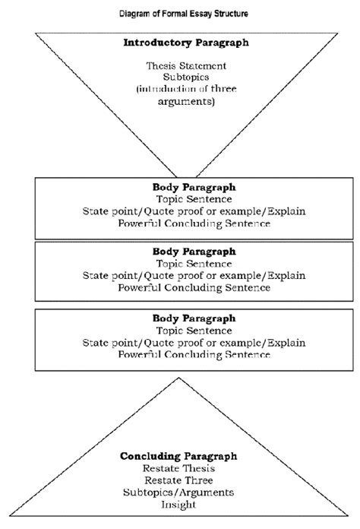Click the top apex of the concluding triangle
(179, 378)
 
